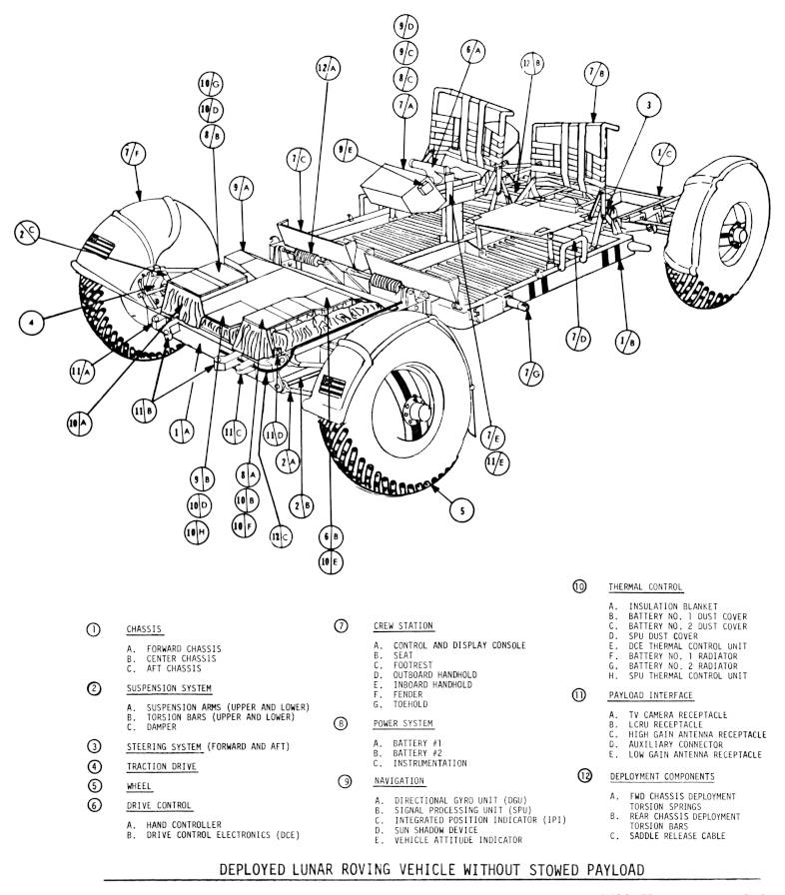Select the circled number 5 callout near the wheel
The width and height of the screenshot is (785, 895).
460,510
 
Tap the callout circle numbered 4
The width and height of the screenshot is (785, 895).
33,322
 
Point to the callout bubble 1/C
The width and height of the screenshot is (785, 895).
663,153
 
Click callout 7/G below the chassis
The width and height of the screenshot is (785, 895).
533,373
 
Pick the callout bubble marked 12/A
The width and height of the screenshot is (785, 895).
328,68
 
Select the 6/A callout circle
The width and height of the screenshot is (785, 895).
473,48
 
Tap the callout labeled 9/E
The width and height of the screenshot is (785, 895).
346,150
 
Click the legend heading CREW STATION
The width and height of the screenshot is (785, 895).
403,626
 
